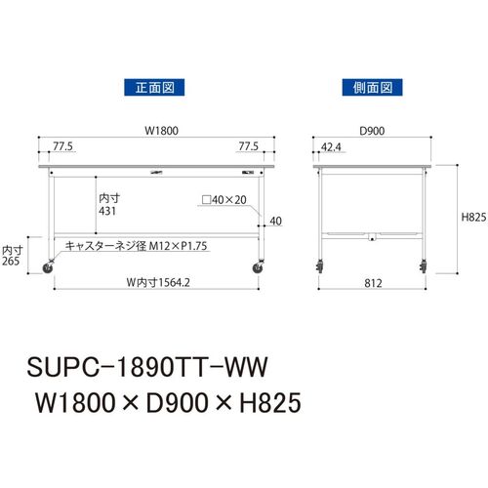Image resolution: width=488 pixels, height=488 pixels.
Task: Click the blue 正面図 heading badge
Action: pos(154,87)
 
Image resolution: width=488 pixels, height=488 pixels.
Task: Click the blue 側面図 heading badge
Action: pos(372,87)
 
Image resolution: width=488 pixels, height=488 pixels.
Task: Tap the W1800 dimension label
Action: pos(162,131)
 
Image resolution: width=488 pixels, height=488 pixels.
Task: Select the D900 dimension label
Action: pos(372,131)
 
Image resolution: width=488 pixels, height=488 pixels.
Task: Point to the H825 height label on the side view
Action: pos(473,217)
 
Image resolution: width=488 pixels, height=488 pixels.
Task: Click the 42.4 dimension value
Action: pos(331,147)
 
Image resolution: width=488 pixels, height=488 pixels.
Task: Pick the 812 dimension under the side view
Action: pos(373,283)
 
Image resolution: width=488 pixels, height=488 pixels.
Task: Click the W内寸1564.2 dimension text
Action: pos(158,282)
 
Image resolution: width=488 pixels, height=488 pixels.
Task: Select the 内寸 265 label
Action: pos(12,256)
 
